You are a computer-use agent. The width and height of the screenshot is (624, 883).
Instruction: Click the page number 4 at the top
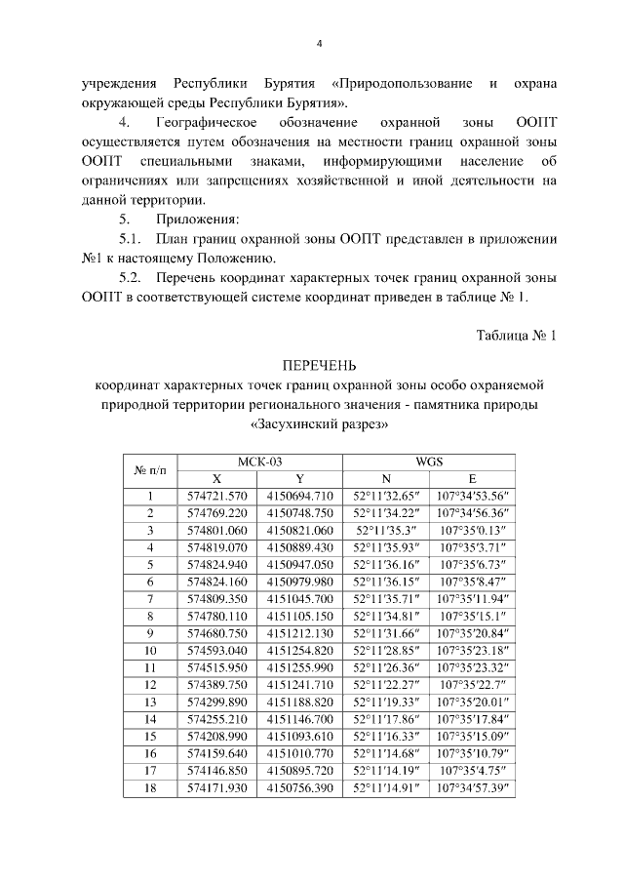coord(319,43)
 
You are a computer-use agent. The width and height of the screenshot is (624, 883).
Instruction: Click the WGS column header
coord(429,462)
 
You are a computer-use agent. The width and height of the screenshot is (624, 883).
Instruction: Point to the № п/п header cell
coord(150,470)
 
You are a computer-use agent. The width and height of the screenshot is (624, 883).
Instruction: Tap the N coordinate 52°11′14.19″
coord(385,766)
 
